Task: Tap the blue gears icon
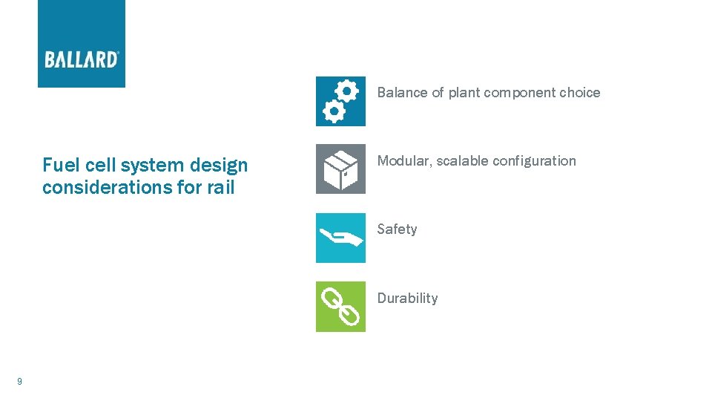340,101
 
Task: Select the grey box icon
340,169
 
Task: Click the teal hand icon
340,238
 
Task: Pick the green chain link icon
340,306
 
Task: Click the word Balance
402,93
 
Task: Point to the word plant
464,93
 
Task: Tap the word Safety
397,229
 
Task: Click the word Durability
407,298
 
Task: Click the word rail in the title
220,187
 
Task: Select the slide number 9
19,382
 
